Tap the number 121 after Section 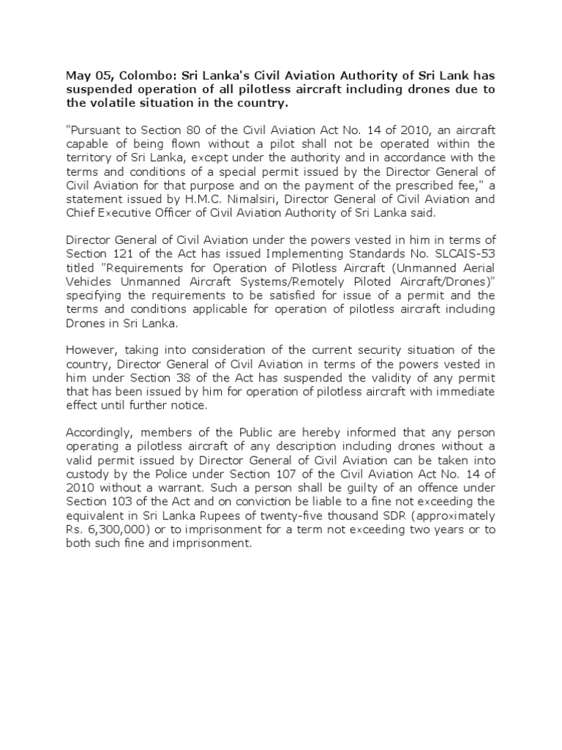tap(121, 253)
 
